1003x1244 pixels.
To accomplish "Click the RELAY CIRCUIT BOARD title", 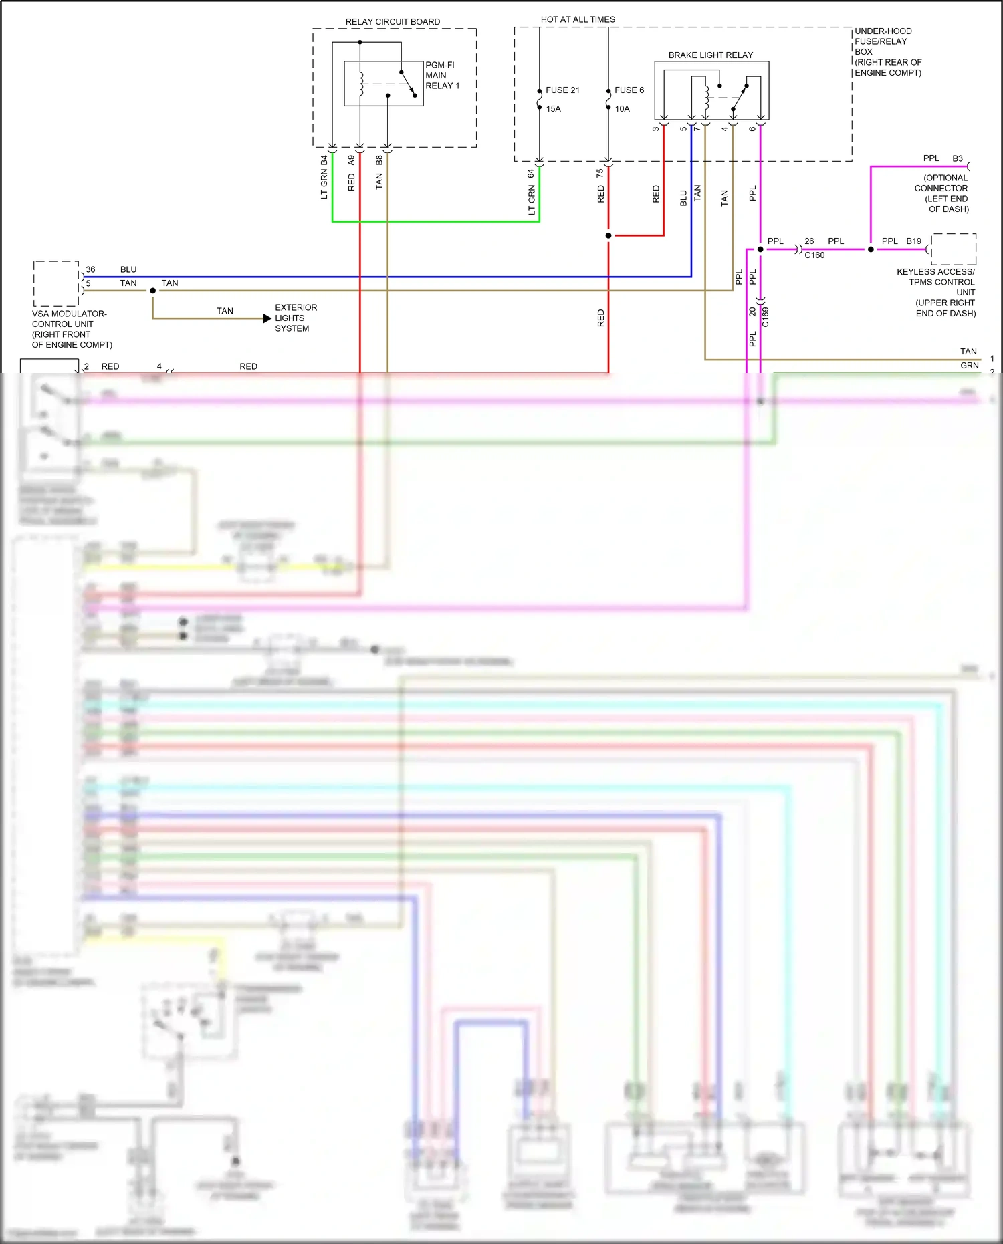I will pos(393,22).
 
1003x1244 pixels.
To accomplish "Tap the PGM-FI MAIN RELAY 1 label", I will pos(442,76).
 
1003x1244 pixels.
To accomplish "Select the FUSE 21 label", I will pos(562,90).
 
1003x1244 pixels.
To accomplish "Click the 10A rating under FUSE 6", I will pos(622,109).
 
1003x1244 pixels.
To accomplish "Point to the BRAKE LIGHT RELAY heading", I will pos(710,55).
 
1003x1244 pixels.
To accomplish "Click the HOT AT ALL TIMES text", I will pos(578,19).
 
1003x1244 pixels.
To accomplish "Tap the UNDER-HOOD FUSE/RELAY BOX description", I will pos(887,52).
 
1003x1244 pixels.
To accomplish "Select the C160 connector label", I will pos(814,255).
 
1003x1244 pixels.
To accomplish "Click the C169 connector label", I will pos(766,317).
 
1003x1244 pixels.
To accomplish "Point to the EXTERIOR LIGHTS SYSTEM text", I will pos(296,318).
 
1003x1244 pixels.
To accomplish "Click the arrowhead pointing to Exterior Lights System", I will pos(267,318).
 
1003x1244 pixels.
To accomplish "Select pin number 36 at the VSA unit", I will pos(90,269).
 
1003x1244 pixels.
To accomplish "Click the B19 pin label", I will pos(913,241).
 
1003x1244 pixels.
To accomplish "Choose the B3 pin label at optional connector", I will pos(958,158).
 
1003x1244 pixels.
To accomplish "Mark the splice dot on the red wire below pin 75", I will pos(608,235).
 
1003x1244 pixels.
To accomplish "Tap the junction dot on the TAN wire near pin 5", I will pos(153,291).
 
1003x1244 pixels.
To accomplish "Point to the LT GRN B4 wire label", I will pos(324,177).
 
